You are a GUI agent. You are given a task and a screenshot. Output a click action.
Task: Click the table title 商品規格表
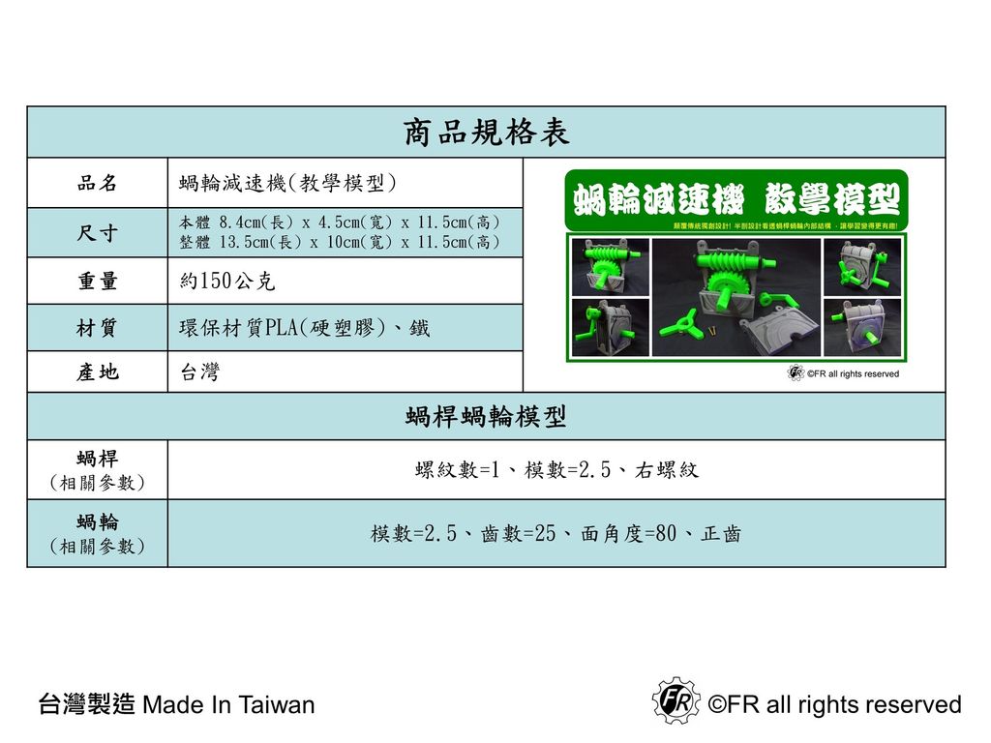pos(486,133)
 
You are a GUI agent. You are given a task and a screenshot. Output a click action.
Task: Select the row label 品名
pos(97,183)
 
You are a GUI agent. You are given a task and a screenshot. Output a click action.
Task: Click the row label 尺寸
pos(97,233)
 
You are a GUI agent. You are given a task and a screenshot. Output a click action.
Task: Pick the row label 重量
pos(97,282)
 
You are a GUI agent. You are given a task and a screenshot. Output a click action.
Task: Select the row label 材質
pos(97,329)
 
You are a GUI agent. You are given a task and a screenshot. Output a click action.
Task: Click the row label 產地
pos(97,372)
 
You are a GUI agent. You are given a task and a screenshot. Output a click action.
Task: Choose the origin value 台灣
pos(199,372)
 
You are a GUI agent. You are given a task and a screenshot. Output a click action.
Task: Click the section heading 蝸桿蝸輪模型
pos(486,417)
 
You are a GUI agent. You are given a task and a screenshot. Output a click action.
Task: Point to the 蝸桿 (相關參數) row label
pos(97,469)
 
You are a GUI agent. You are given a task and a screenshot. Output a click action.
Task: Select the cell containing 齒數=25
pos(556,533)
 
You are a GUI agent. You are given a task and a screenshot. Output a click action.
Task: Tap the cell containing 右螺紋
pos(556,470)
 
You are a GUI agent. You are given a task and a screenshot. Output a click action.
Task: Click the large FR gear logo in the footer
pos(675,700)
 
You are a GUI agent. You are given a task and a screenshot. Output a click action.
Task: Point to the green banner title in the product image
pos(736,201)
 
